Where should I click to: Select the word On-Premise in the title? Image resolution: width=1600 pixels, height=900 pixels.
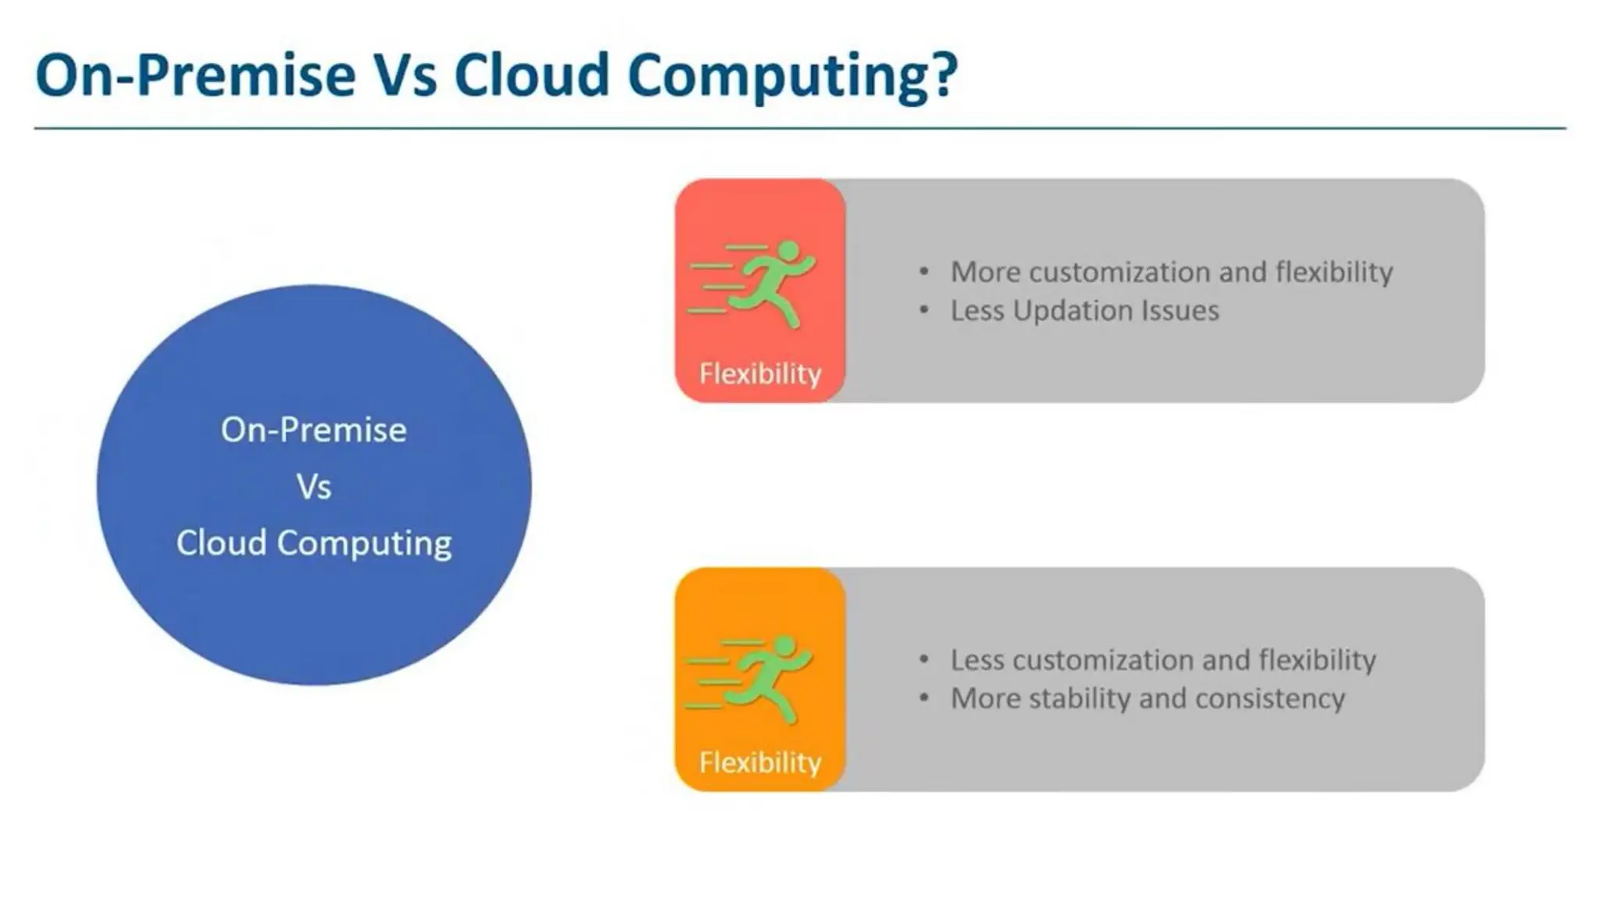(195, 75)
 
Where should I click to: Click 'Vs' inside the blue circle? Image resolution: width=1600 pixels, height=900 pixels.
(314, 487)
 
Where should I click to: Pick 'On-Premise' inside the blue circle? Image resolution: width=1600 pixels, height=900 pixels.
(314, 430)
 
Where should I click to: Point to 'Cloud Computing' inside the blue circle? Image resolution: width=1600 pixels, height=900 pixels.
(314, 543)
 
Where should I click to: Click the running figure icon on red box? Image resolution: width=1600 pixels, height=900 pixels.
(754, 283)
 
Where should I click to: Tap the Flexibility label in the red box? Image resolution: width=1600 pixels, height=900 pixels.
(760, 373)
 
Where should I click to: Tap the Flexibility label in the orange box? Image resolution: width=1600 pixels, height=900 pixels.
(760, 762)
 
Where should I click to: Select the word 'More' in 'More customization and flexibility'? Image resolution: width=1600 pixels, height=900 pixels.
(985, 272)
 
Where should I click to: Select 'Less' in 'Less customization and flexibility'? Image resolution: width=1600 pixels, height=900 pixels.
(977, 660)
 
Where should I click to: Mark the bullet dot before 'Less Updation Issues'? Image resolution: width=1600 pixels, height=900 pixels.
(924, 311)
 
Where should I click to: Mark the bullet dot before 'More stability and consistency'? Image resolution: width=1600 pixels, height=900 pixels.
(924, 698)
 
